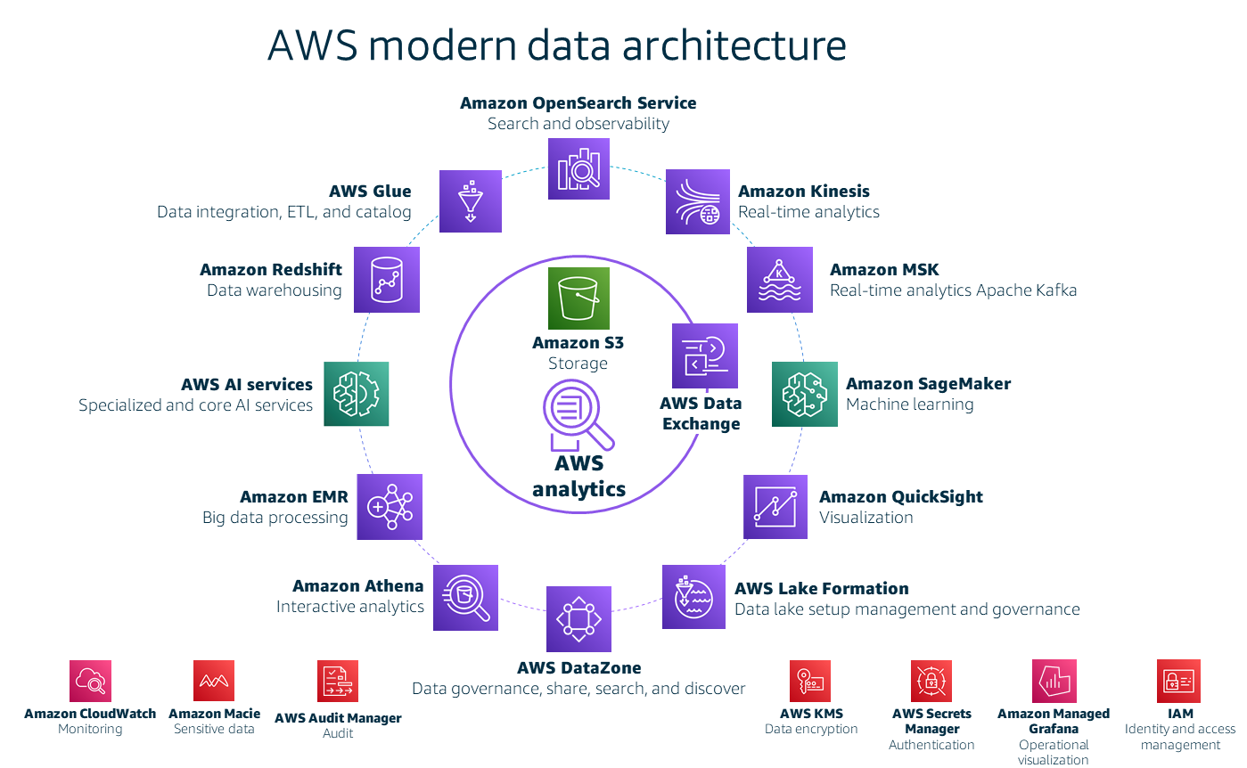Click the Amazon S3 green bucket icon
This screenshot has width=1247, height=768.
click(578, 298)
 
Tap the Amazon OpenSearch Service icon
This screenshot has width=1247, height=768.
click(578, 168)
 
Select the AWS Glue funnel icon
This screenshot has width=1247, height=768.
click(471, 201)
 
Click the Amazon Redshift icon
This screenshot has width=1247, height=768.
click(386, 280)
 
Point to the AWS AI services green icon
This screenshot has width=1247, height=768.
click(357, 393)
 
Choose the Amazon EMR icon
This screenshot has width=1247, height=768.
click(390, 506)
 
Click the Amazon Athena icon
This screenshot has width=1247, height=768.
click(465, 597)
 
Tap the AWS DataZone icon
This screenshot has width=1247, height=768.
click(578, 618)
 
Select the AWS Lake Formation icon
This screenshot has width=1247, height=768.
click(694, 597)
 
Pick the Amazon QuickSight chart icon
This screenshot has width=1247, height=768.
click(775, 506)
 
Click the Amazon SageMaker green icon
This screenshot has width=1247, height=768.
click(804, 394)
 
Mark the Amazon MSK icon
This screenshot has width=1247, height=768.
click(779, 280)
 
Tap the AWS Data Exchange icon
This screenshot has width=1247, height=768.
click(704, 355)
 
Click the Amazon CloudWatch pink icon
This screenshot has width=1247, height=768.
click(90, 681)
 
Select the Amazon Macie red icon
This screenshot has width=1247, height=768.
click(214, 681)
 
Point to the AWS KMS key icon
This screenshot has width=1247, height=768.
click(810, 681)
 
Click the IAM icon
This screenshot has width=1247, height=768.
click(1178, 681)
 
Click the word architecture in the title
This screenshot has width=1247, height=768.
click(734, 46)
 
